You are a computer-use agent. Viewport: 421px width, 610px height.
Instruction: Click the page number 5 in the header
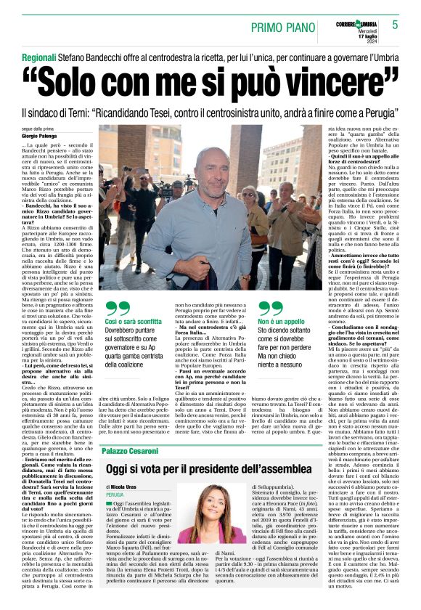point(395,25)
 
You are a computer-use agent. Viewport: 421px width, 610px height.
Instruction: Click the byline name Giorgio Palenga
point(39,136)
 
